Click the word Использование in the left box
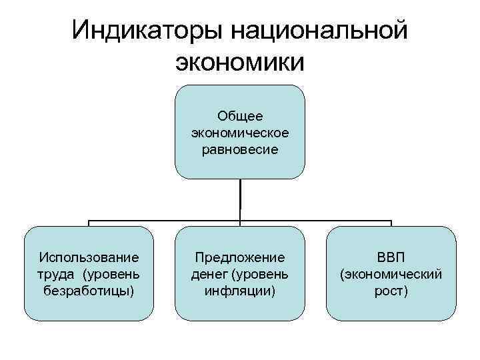pos(89,257)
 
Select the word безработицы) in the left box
pos(89,291)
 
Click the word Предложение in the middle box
pos(240,257)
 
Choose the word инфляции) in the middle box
pos(240,291)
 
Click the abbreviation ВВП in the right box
pos(391,257)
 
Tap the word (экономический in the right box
pos(391,274)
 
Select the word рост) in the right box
pos(391,291)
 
